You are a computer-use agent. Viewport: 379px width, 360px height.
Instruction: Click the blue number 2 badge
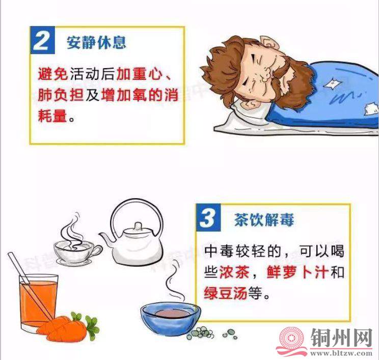tap(43, 40)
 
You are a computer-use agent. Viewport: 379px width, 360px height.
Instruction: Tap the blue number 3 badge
tap(208, 217)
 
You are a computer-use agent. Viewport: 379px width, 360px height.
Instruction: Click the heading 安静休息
tap(96, 43)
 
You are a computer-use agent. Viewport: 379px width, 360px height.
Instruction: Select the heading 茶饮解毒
tap(264, 220)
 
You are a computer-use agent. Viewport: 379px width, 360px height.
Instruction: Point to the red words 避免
tap(52, 73)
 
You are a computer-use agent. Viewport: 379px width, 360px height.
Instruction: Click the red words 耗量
tap(52, 115)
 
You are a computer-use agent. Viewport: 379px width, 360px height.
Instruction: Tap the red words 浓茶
tap(234, 272)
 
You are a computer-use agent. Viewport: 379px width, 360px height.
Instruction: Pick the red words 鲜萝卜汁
tap(297, 272)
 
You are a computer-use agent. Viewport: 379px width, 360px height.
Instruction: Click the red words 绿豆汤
tap(226, 293)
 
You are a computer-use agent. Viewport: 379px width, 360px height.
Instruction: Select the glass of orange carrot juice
tap(38, 302)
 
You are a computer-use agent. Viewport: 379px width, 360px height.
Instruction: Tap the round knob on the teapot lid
tap(138, 226)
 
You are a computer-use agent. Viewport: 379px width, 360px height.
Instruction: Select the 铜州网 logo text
tap(341, 338)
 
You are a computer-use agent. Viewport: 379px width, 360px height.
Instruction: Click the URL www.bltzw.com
tap(341, 353)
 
